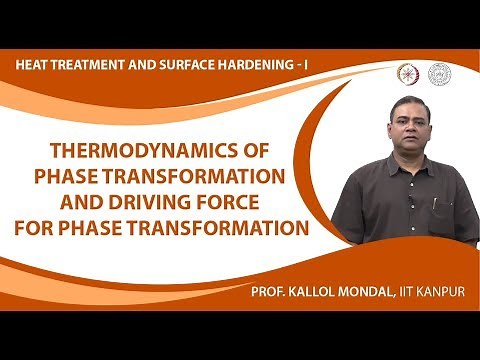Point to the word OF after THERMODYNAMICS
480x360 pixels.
[265, 153]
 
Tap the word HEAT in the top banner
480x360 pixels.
[36, 66]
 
